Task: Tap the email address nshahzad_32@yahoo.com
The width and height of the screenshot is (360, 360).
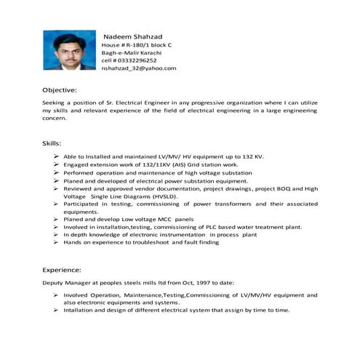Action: (138, 68)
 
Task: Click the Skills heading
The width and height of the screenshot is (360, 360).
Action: (52, 143)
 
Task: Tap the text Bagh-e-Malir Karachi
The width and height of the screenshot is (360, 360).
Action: (131, 53)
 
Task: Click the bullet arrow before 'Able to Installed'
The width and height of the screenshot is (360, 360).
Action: (56, 156)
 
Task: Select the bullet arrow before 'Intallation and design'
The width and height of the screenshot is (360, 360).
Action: (56, 311)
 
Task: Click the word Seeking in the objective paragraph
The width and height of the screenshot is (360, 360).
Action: (55, 104)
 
